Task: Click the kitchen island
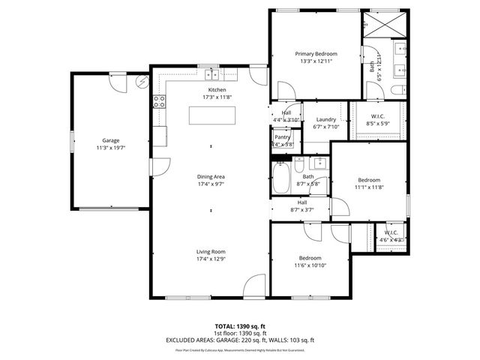point(211,115)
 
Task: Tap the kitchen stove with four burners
point(159,103)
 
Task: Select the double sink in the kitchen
point(214,73)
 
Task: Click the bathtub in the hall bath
point(282,178)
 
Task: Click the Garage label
point(111,140)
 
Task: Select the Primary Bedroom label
point(316,54)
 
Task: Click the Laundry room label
point(325,120)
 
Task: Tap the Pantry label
point(282,137)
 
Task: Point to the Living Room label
point(211,251)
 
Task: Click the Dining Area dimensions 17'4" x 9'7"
point(211,183)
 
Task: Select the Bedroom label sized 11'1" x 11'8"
point(369,180)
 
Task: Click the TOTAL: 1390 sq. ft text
point(239,326)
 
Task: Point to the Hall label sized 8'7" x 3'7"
point(301,202)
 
